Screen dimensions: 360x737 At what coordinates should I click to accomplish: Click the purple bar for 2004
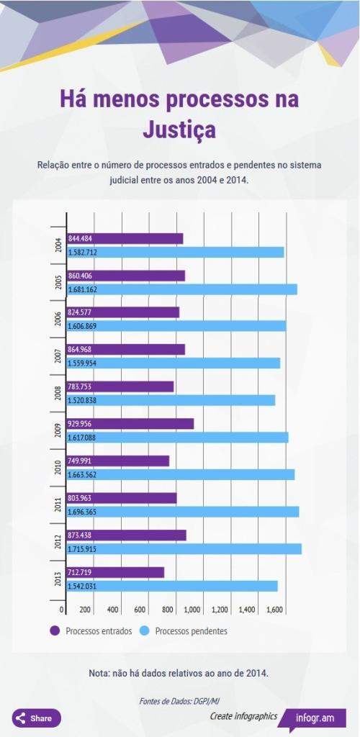(125, 239)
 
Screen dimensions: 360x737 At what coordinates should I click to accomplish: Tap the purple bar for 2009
(130, 424)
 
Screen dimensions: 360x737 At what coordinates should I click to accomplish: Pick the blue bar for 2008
(171, 400)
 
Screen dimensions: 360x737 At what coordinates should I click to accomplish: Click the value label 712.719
(81, 572)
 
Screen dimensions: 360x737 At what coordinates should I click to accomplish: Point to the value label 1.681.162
(83, 289)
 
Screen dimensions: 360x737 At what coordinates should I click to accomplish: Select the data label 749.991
(81, 461)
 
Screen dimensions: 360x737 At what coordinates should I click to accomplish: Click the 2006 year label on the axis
(58, 319)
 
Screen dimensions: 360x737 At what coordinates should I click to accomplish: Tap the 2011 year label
(58, 505)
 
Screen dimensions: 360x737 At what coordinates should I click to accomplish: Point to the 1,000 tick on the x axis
(192, 610)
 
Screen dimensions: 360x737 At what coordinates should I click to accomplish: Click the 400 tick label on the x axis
(112, 610)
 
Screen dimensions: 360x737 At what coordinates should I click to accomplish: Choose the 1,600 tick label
(274, 610)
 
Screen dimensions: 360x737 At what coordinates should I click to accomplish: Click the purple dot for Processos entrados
(55, 631)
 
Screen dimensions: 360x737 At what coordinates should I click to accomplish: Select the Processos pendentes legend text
(191, 631)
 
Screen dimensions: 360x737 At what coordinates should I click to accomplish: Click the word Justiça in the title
(179, 130)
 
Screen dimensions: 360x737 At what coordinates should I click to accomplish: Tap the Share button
(37, 718)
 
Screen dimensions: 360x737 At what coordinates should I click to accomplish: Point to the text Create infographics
(243, 716)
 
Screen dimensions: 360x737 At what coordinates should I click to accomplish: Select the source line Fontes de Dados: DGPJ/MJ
(179, 701)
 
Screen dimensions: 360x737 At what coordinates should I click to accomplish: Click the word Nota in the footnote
(99, 673)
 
